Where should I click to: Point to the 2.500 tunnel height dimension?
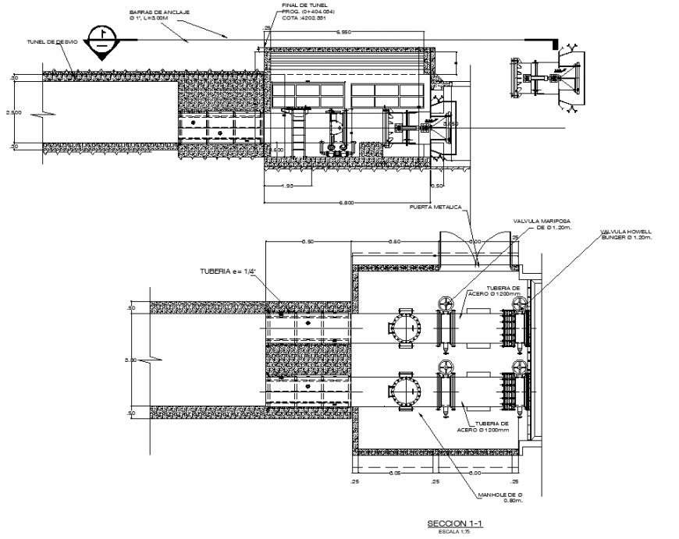click(x=14, y=112)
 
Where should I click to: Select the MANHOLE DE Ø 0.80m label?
click(x=503, y=497)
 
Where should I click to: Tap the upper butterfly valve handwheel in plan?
click(x=446, y=303)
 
